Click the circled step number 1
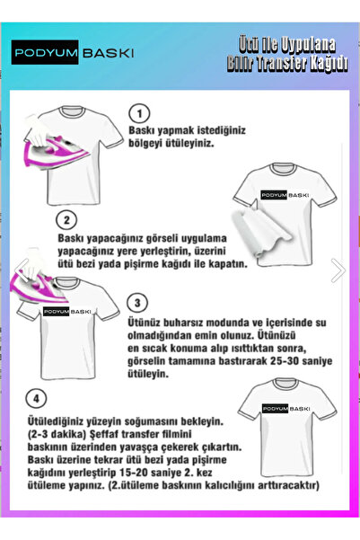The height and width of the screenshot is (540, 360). click(x=138, y=113)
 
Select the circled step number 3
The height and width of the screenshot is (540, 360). click(x=138, y=302)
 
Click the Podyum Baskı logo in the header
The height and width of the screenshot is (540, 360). click(x=74, y=53)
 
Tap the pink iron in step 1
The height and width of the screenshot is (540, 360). click(x=54, y=141)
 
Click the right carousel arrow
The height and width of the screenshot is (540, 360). click(x=338, y=270)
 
